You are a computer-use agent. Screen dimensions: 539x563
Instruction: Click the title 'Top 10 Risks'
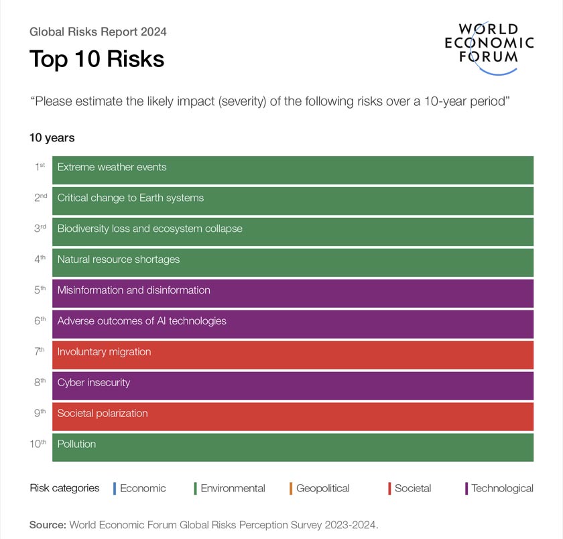tap(97, 59)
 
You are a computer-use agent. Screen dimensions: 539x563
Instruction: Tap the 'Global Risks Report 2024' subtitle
tap(98, 32)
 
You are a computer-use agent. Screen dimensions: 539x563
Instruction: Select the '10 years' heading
tap(52, 138)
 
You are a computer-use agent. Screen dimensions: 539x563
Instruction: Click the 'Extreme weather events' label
tap(112, 167)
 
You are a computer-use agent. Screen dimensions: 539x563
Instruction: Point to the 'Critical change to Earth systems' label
tap(130, 198)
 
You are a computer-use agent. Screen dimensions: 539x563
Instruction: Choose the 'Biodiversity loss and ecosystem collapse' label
tap(149, 229)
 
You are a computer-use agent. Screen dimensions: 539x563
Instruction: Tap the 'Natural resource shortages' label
tap(119, 259)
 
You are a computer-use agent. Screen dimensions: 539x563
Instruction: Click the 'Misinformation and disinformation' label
tap(133, 290)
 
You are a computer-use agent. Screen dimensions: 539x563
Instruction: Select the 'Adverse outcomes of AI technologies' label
tap(141, 321)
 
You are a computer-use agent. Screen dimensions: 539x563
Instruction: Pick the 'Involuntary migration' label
tap(104, 352)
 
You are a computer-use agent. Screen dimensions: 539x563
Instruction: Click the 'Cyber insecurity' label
tap(94, 383)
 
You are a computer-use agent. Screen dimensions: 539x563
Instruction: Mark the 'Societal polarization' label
tap(103, 414)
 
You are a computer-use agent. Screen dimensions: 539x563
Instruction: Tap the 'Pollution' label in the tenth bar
tap(76, 444)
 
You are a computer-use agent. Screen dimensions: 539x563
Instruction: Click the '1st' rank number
tap(40, 166)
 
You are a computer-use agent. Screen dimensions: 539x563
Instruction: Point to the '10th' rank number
tap(38, 444)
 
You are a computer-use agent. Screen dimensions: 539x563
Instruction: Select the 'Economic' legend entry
tap(142, 489)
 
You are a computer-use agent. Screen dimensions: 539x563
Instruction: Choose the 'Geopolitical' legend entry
tap(322, 489)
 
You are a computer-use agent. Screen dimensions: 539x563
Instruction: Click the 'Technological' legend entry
tap(501, 489)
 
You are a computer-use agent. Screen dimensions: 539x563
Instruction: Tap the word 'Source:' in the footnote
tap(48, 525)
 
